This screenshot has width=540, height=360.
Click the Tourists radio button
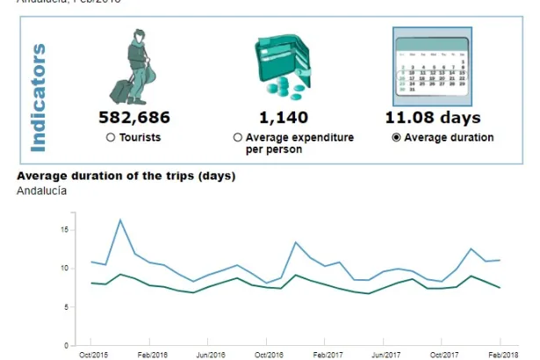[111, 138]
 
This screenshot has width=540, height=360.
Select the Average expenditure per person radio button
[237, 138]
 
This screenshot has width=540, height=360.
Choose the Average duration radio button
[396, 138]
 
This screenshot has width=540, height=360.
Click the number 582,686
[134, 118]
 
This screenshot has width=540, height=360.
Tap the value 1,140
[280, 118]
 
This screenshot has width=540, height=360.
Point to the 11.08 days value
[433, 118]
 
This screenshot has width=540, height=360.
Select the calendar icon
[431, 66]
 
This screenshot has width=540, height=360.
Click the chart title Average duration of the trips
[126, 176]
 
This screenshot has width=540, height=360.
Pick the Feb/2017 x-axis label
[326, 355]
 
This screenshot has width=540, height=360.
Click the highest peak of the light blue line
[120, 220]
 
